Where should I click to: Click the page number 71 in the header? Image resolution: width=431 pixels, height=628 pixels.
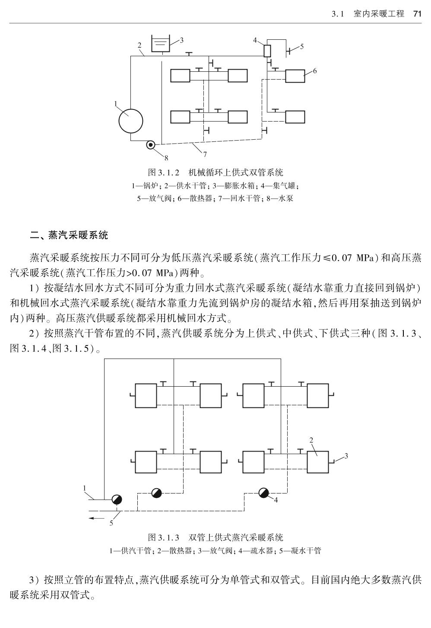pos(417,14)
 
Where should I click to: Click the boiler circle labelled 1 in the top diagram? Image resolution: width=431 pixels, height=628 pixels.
pos(131,121)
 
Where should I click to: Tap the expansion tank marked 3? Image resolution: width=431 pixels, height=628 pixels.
pos(161,43)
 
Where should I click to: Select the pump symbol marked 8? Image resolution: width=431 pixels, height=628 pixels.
pos(151,145)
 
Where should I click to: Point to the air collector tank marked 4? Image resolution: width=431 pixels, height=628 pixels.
pos(267,51)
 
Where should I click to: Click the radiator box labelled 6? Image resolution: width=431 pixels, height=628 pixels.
pos(295,76)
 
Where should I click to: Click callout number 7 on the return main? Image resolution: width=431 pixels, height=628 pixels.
pos(205,154)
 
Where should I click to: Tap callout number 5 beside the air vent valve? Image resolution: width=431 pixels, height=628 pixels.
pos(302,47)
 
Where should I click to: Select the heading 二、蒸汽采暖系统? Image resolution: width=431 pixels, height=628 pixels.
pos(69,235)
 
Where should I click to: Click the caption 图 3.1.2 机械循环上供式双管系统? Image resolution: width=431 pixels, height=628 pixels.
pos(215,172)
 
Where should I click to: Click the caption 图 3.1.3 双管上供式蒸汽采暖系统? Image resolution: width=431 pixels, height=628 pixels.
pos(215,538)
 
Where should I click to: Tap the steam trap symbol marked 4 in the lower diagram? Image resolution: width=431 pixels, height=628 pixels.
pos(263,493)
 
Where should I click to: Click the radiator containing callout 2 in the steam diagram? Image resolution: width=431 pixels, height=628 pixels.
pos(318,462)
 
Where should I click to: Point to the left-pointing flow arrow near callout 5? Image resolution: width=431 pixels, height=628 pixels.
pos(97,518)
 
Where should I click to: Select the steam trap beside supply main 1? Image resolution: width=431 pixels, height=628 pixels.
pos(117,499)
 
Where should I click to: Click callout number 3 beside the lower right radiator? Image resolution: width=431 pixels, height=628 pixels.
pos(346,456)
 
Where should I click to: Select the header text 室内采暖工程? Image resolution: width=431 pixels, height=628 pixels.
pos(379,14)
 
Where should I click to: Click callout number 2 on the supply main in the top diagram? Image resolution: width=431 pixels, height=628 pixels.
pos(139,45)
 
